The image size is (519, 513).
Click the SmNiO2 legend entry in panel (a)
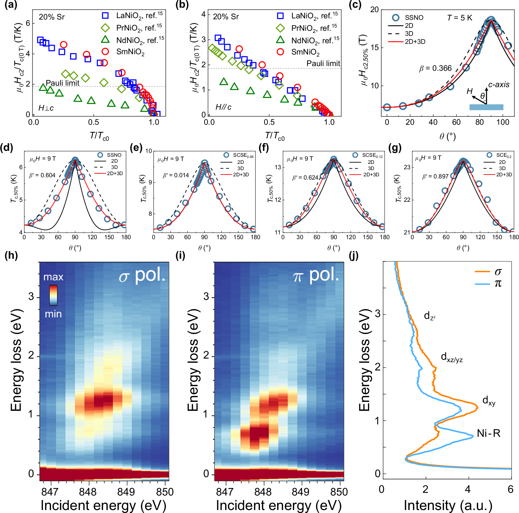tap(130, 52)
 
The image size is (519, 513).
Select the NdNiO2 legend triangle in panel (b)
tap(280, 40)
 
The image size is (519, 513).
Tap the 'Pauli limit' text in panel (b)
tap(323, 64)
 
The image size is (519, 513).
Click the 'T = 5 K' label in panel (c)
tap(459, 18)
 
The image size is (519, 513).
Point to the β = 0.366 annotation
tap(435, 68)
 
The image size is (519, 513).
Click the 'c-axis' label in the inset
tap(499, 85)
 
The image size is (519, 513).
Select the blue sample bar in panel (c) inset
tap(486, 107)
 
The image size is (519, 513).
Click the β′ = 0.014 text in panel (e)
tap(176, 175)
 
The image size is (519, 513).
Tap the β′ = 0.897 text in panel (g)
tap(435, 176)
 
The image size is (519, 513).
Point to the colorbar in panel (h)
tap(53, 295)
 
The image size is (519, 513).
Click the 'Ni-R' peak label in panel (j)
tap(488, 433)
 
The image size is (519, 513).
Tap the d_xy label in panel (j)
tap(489, 401)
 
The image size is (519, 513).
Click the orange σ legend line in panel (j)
tap(482, 271)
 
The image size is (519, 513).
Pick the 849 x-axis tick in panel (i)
tap(300, 492)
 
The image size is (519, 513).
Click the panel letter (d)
tap(7, 147)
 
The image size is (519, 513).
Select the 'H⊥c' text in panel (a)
tap(46, 108)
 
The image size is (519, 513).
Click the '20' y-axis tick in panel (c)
tap(374, 10)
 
